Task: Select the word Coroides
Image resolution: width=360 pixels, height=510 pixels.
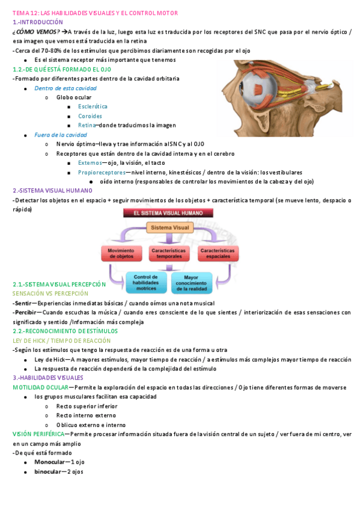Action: (90, 116)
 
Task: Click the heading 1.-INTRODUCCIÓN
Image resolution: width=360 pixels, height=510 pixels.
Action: (37, 22)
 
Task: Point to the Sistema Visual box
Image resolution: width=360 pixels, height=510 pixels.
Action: (170, 228)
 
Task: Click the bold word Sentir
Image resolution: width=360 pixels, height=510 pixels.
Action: (22, 303)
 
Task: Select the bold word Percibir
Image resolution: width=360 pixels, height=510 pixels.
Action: (24, 312)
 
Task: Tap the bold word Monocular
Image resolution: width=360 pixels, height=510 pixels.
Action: (50, 462)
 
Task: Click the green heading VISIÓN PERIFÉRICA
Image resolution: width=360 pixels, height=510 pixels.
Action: (37, 434)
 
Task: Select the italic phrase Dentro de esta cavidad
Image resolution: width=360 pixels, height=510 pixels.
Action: (57, 88)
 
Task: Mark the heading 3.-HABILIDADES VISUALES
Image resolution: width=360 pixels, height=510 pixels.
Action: (48, 378)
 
